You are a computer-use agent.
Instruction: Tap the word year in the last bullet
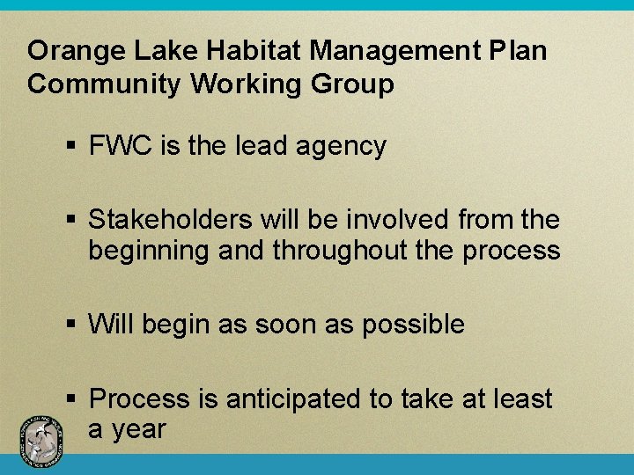142,430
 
